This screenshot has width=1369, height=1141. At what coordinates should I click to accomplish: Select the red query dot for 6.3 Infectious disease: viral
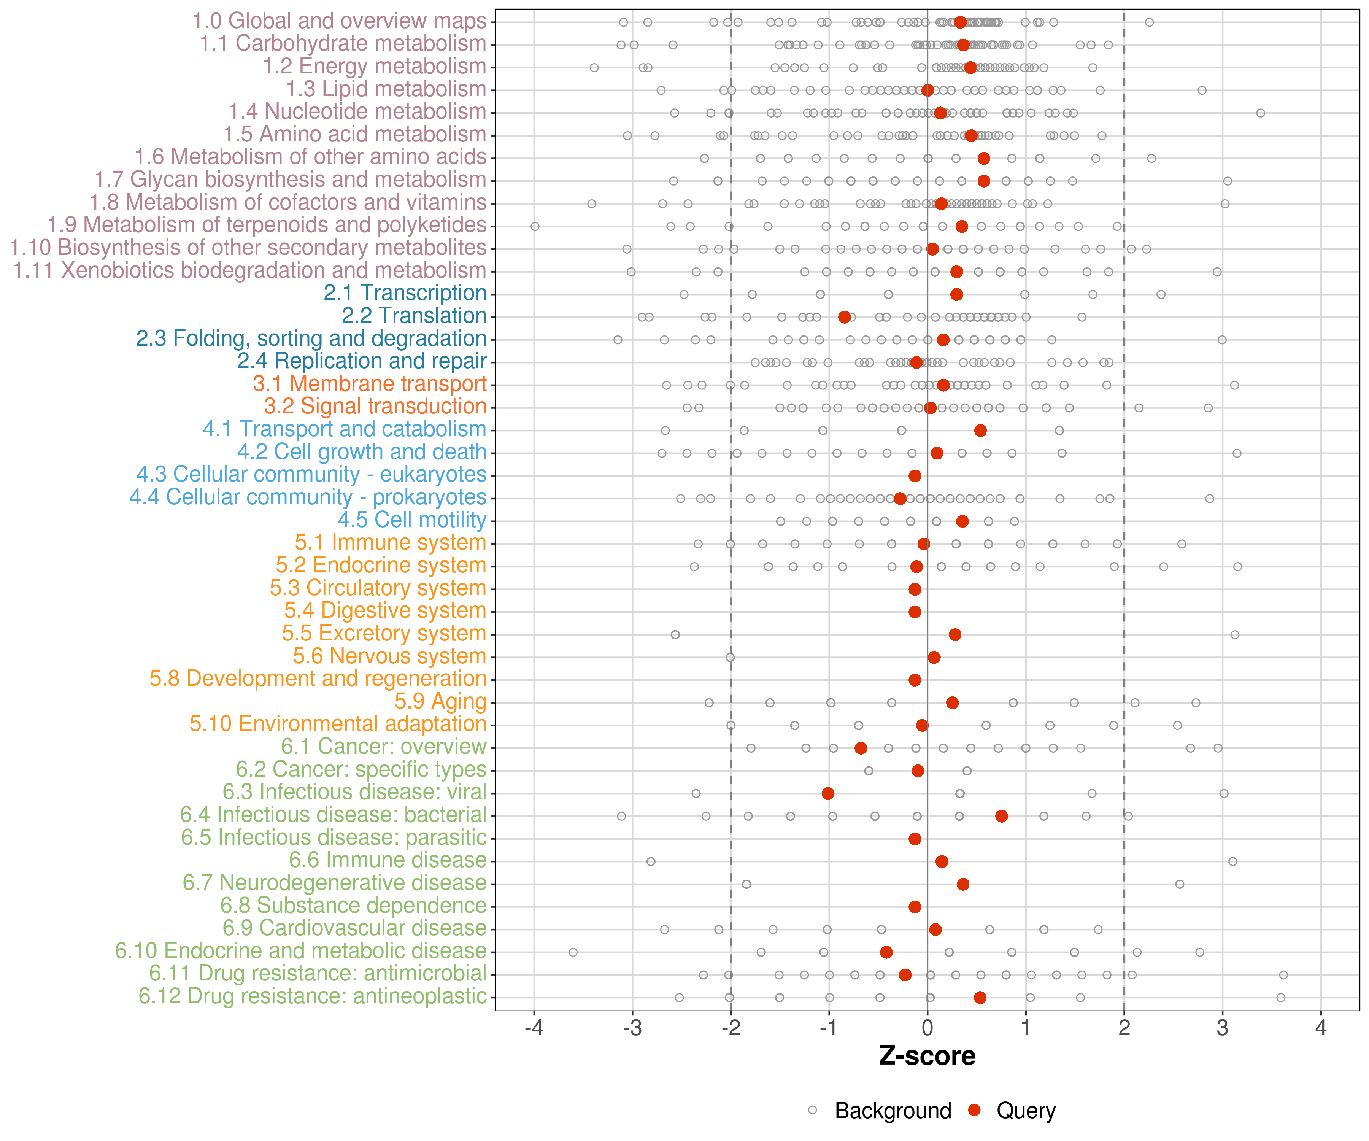(828, 793)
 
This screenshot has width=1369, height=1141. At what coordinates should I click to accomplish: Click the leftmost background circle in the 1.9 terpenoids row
(535, 226)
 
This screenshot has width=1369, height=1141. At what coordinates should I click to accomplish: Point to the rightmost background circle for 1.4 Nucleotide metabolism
(1261, 113)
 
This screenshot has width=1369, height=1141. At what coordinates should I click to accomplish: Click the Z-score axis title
(927, 1056)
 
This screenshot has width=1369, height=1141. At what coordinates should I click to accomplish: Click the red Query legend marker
(975, 1110)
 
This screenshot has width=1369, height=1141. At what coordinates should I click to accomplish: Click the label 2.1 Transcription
(405, 293)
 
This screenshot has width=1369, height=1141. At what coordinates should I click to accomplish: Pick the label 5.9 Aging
(441, 702)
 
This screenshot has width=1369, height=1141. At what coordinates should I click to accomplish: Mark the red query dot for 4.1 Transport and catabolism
(980, 430)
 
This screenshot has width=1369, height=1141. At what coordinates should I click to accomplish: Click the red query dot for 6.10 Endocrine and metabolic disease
(886, 953)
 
